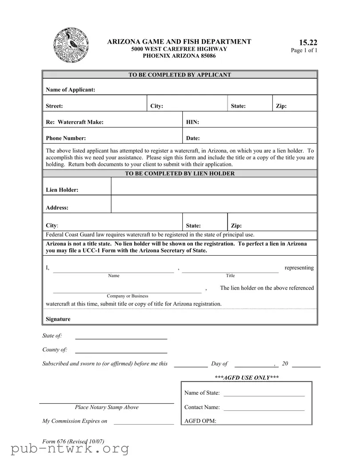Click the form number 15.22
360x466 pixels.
pos(308,43)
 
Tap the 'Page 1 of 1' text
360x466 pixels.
pos(304,51)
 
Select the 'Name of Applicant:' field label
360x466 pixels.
pos(71,90)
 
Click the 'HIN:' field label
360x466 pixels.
pos(192,122)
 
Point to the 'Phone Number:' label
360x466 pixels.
pos(66,138)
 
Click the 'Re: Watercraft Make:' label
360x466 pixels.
pos(75,122)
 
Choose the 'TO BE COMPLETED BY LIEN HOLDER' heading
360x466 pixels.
pos(180,174)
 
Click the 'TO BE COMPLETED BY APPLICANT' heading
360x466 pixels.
pos(180,75)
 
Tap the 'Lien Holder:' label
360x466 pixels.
pos(62,190)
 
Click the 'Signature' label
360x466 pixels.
pos(58,319)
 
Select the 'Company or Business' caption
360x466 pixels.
pos(127,296)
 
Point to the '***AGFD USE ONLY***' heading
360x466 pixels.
pos(247,378)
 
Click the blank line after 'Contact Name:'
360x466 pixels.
pos(264,410)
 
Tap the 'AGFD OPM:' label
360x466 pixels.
pos(200,421)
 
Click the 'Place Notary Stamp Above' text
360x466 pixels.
pos(107,407)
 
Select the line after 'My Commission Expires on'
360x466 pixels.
pos(144,424)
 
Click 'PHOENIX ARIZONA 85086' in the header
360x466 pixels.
pos(179,56)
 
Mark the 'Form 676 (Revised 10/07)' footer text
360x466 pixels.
pos(73,442)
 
